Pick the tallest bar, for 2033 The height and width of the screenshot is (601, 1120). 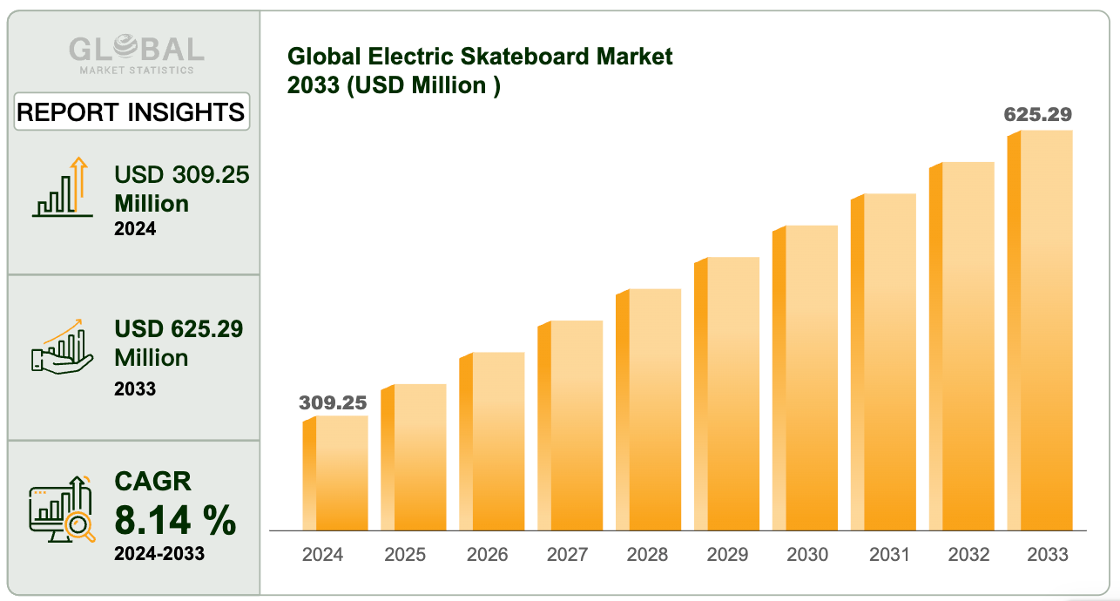pyautogui.click(x=1042, y=330)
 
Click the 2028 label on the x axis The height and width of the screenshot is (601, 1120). pyautogui.click(x=647, y=555)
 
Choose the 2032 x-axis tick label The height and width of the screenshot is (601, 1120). pyautogui.click(x=968, y=555)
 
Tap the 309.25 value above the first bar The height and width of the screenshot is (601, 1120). pyautogui.click(x=333, y=402)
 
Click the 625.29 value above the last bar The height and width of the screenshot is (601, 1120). pyautogui.click(x=1037, y=114)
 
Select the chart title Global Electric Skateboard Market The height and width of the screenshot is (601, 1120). pyautogui.click(x=480, y=57)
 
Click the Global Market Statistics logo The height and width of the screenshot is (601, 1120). pyautogui.click(x=136, y=53)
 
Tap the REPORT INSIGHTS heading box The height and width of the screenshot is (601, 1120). pyautogui.click(x=132, y=112)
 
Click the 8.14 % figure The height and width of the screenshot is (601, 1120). pyautogui.click(x=175, y=521)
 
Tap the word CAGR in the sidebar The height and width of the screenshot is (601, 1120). pyautogui.click(x=152, y=481)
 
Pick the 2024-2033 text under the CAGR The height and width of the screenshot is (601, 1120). pyautogui.click(x=159, y=553)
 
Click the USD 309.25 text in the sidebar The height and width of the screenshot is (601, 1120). pyautogui.click(x=182, y=175)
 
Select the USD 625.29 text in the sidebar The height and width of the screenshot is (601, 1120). pyautogui.click(x=179, y=329)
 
